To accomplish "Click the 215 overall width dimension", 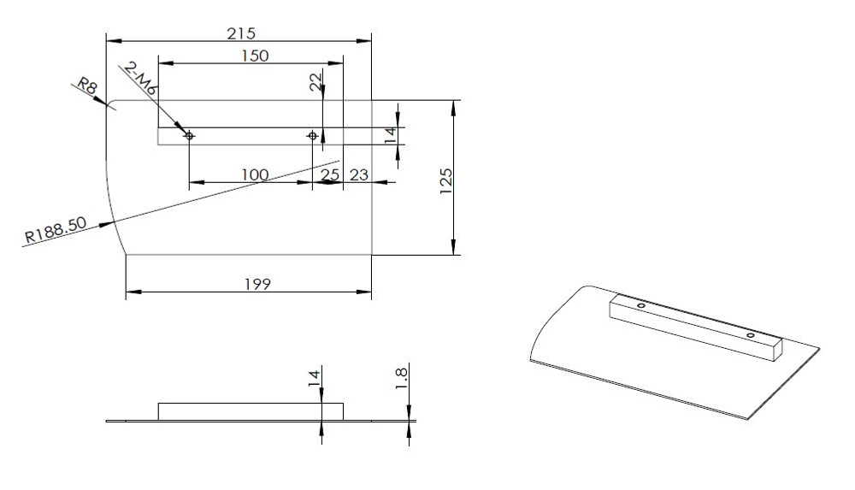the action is coord(241,34).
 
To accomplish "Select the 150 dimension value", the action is coord(255,56).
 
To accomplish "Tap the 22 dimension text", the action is coord(315,82).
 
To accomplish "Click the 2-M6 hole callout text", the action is coord(140,80).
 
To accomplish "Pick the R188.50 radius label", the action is coord(56,230).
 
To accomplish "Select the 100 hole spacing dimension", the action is coord(255,174).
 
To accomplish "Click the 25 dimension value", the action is coord(330,174).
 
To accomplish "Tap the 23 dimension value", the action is coord(359,174).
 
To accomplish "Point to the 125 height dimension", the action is coord(445,181).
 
